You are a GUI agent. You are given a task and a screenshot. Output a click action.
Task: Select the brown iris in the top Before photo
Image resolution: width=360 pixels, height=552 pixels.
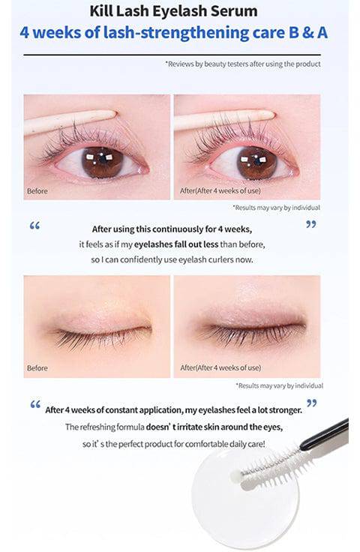point(103,161)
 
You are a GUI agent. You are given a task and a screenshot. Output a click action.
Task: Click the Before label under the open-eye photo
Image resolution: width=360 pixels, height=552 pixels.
point(37,191)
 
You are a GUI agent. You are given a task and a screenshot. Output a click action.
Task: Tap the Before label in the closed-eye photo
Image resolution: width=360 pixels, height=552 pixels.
point(37,368)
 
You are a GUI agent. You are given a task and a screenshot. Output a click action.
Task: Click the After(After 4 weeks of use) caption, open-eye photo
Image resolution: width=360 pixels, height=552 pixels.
point(220,190)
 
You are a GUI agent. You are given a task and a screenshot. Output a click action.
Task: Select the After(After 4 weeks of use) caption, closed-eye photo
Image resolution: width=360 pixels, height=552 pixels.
point(220,368)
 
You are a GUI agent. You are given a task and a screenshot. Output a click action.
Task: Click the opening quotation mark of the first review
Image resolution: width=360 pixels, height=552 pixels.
point(34,225)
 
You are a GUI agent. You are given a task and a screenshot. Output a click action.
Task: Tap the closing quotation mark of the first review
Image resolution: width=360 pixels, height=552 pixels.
point(311,224)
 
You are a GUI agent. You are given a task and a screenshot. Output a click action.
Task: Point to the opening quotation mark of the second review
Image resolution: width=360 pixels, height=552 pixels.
point(35,404)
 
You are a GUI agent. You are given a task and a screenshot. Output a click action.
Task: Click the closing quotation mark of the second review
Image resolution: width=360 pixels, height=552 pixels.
point(312,403)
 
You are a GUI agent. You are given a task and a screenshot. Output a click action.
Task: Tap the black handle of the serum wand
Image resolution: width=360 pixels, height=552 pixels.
point(324,433)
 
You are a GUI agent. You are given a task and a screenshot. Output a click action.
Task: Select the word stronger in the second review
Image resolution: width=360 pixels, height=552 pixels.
point(286,410)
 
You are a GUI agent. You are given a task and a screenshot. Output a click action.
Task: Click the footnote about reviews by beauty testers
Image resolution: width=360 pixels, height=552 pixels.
point(243,64)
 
